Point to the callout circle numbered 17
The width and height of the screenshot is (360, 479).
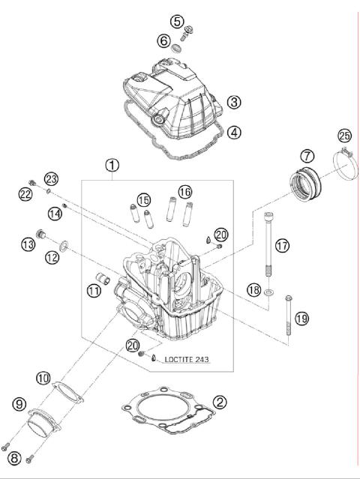pos(281,245)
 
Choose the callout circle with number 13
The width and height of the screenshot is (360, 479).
pos(28,244)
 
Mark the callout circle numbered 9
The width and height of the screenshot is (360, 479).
pos(19,404)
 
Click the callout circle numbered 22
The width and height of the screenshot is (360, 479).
pos(25,194)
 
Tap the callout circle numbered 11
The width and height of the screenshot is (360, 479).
pos(93,290)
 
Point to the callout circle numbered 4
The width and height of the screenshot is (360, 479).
pos(235,133)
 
